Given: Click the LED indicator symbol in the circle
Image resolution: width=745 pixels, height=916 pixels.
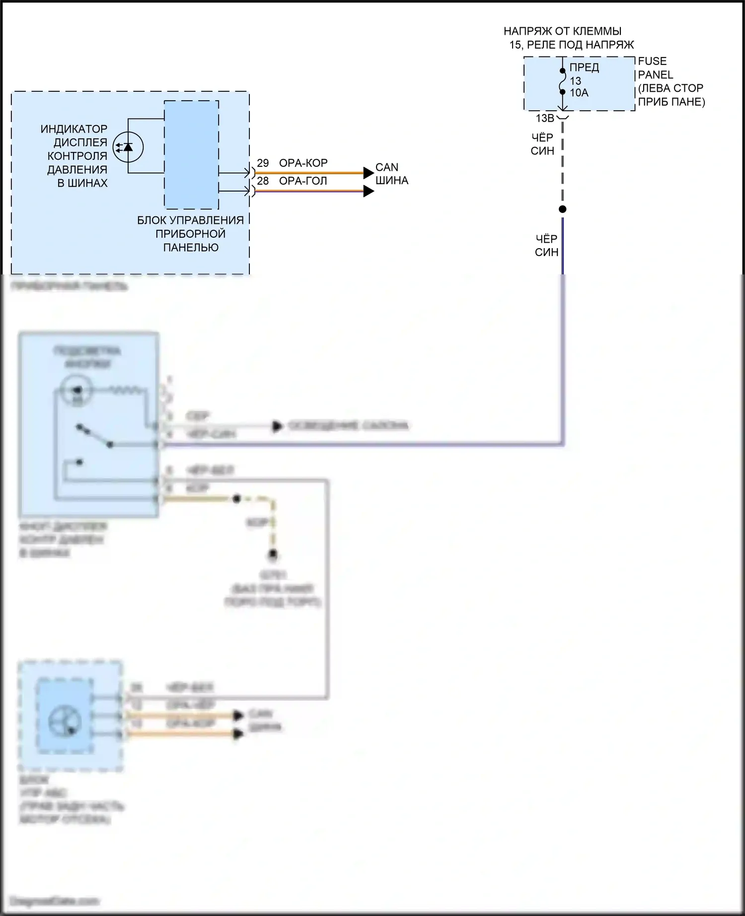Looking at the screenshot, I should click(128, 147).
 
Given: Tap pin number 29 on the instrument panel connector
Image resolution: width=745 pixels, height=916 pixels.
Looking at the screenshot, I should click(263, 163).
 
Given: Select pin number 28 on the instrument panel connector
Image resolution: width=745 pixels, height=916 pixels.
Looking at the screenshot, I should click(263, 181).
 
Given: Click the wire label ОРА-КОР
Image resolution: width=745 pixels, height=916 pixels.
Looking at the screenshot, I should click(303, 163).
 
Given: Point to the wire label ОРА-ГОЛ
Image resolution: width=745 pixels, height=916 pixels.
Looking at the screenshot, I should click(303, 181).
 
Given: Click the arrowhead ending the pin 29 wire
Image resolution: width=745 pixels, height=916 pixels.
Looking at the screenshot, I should click(368, 173).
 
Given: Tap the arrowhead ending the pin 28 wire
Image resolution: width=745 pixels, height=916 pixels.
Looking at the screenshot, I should click(368, 191).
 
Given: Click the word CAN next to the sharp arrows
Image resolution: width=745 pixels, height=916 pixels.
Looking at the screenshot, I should click(386, 167).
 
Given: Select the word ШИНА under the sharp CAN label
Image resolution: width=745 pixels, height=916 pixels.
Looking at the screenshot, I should click(391, 181).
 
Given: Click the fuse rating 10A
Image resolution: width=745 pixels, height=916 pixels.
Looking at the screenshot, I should click(579, 93).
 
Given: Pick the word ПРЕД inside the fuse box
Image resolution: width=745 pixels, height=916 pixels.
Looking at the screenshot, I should click(584, 67).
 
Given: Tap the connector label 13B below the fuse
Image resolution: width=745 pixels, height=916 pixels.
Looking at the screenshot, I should click(544, 119).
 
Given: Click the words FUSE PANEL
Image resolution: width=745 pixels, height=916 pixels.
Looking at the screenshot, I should click(655, 68).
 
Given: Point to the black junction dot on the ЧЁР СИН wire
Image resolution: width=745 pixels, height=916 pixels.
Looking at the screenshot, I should click(562, 209).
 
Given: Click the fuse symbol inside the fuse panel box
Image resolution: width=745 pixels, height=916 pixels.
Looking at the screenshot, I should click(562, 81).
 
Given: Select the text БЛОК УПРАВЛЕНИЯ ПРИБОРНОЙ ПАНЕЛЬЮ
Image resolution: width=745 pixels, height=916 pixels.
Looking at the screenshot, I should click(191, 234).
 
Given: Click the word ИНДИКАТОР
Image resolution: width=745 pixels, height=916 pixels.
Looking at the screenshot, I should click(74, 129).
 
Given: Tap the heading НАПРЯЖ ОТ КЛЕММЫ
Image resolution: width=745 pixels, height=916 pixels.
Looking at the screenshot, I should click(562, 31).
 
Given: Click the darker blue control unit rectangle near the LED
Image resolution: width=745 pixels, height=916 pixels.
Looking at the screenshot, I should click(191, 155).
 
